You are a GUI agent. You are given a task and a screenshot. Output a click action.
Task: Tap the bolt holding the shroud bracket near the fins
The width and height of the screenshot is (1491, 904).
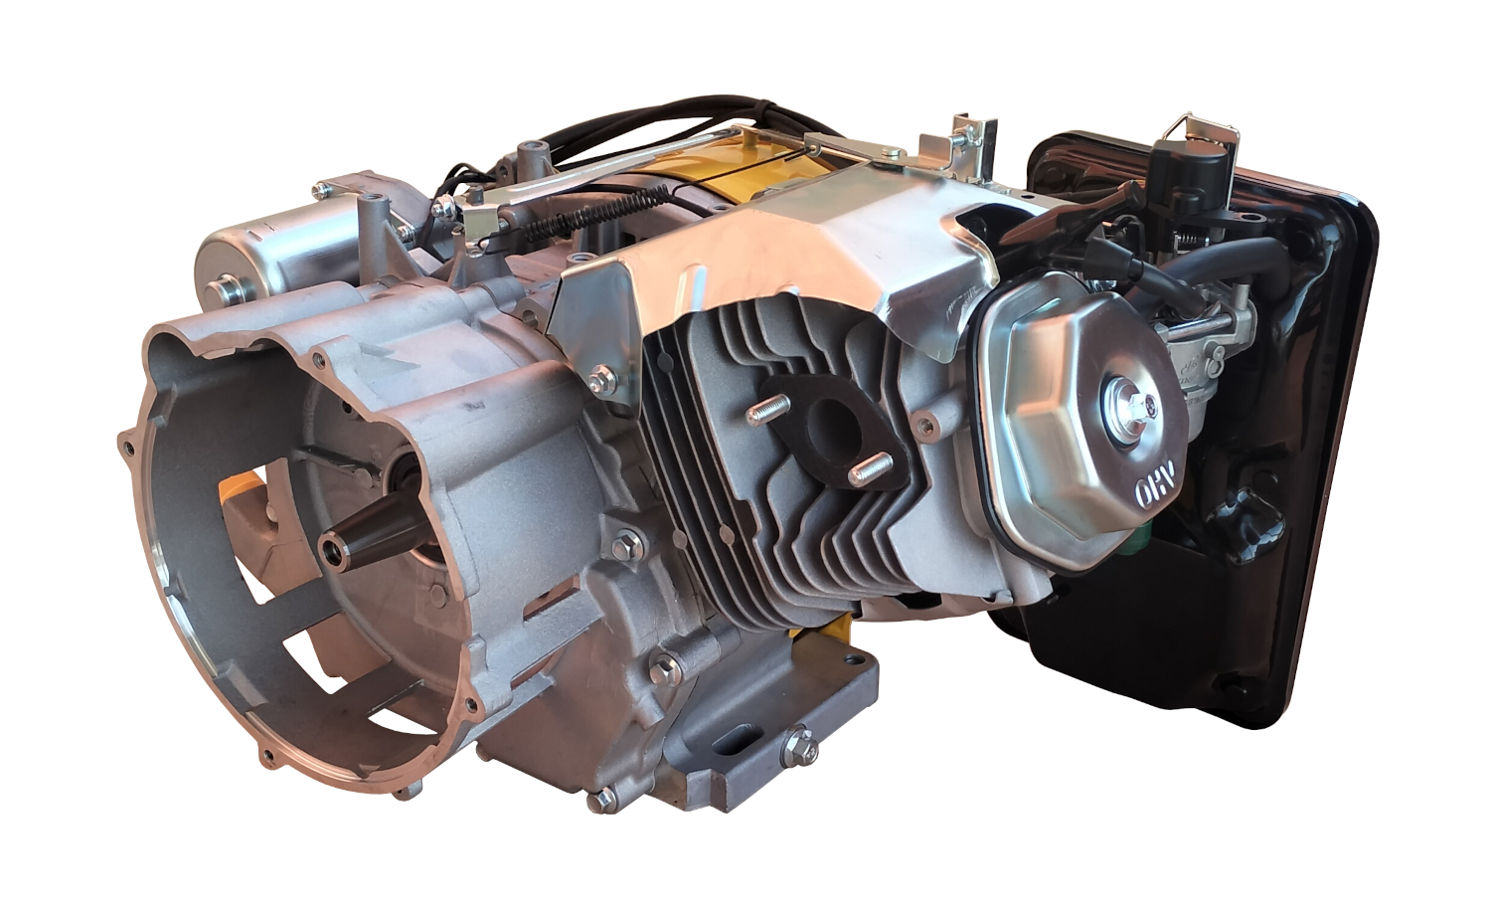[x=600, y=380]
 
